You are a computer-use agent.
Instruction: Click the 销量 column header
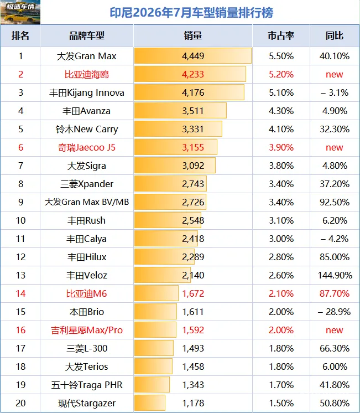tap(193, 35)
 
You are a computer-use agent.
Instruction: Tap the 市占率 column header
tap(281, 35)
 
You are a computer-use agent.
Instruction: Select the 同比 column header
tap(335, 35)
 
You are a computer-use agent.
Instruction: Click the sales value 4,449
tap(193, 56)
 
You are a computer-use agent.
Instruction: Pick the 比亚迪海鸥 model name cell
tap(87, 74)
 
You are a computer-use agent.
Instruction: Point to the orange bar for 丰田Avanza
tap(180, 111)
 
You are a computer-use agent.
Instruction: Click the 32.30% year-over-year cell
tap(335, 129)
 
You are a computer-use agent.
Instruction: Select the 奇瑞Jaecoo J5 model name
tap(87, 147)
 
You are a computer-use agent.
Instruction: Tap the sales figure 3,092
tap(193, 166)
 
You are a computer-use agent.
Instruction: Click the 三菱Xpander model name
tap(87, 184)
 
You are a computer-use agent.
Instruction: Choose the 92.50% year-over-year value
tap(335, 202)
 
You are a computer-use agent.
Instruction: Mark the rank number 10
tap(20, 220)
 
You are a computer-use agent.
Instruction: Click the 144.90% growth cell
tap(335, 275)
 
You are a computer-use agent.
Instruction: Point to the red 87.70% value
tap(335, 293)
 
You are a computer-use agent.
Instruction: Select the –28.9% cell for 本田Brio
tap(334, 312)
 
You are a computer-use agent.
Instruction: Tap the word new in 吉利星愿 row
tap(334, 330)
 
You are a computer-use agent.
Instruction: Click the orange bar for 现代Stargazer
tap(150, 403)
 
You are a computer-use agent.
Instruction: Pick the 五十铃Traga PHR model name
tap(87, 385)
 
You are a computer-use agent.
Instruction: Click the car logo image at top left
tap(20, 12)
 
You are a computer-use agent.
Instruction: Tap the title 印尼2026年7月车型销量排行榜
tap(191, 13)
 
